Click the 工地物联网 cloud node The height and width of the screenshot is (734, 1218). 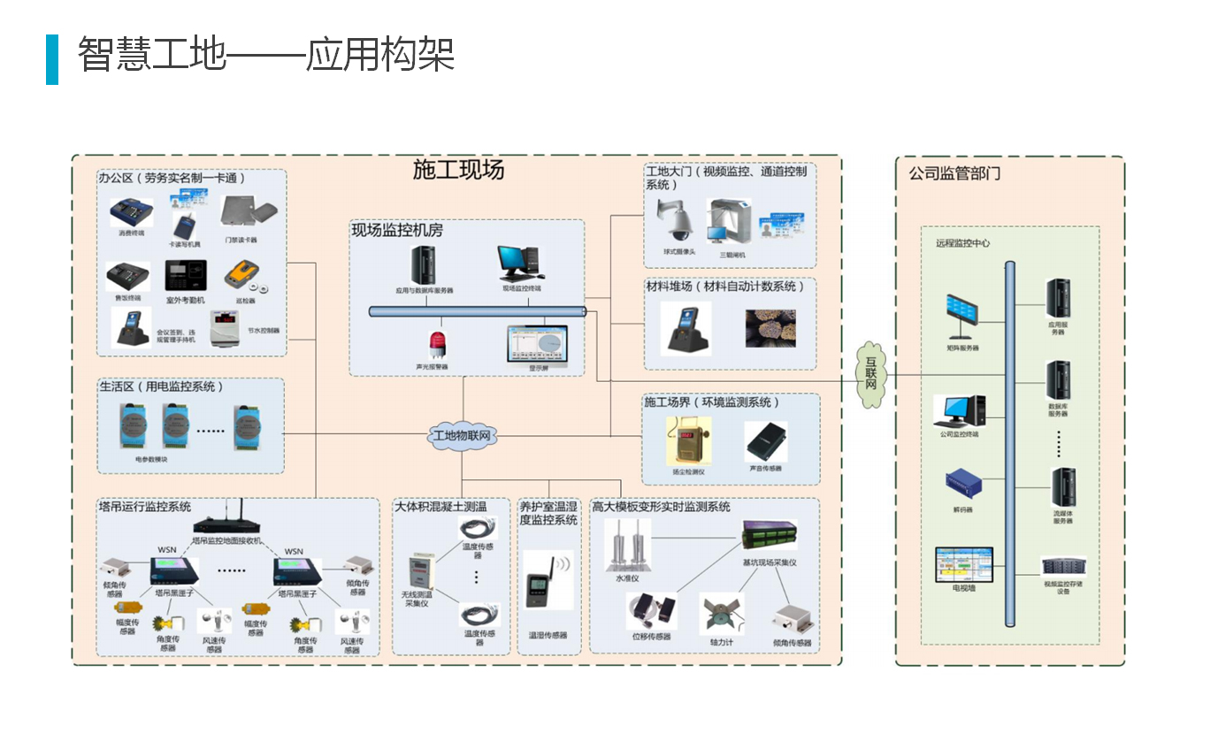pos(462,435)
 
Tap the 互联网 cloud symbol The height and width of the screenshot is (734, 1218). pos(871,374)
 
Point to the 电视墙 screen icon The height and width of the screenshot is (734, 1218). pos(963,563)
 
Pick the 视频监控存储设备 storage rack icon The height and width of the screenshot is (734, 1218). pos(1062,565)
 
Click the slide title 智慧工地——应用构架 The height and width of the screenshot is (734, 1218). pos(265,55)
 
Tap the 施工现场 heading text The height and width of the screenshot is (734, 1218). pos(458,170)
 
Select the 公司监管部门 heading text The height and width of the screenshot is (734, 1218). pos(954,173)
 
